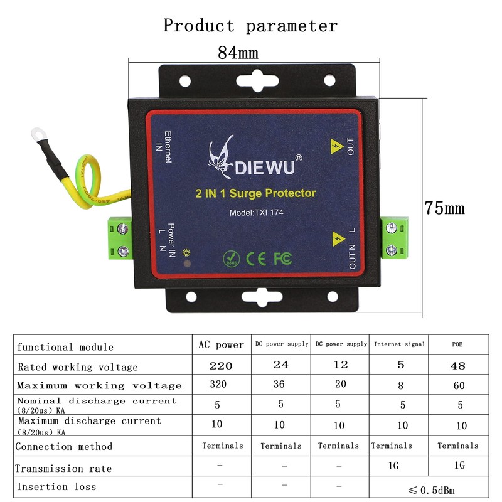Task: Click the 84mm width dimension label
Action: (x=238, y=53)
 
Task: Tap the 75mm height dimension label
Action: (x=444, y=208)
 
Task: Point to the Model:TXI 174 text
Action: (x=256, y=213)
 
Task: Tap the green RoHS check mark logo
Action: (x=231, y=258)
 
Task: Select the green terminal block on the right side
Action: (x=395, y=238)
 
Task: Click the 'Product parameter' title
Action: (x=250, y=26)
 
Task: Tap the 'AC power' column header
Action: (x=221, y=344)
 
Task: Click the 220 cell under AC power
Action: (x=220, y=366)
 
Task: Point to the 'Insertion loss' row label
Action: (x=56, y=486)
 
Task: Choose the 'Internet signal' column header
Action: (x=399, y=344)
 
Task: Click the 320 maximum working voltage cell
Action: (x=217, y=385)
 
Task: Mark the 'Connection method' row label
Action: (x=63, y=446)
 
